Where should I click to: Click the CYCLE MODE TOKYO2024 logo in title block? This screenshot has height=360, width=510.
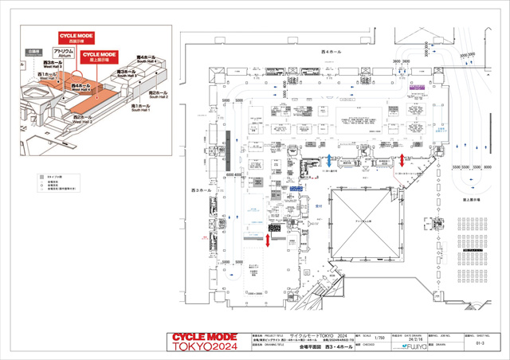[204, 343]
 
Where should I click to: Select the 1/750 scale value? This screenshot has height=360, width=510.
[379, 338]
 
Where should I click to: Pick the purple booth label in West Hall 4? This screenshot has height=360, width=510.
[415, 84]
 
